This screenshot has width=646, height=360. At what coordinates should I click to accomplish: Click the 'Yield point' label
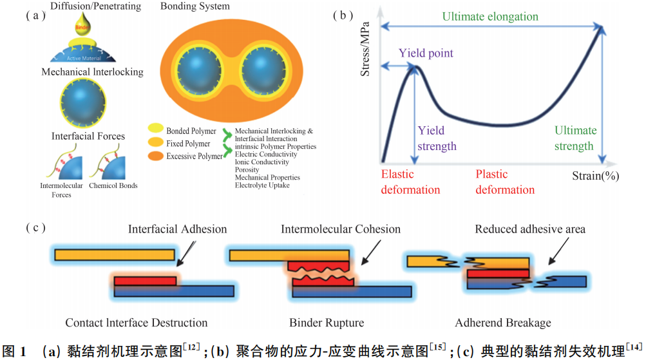coord(426,53)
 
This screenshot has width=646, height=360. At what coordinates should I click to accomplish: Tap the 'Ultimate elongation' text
coord(490,16)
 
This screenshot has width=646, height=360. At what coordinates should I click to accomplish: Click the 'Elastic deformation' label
coord(410,182)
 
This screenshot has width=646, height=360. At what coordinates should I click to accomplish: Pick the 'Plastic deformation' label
coord(505,182)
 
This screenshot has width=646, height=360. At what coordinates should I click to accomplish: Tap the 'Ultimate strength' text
coord(575,138)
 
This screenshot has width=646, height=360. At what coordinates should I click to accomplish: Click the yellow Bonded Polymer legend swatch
coord(155,131)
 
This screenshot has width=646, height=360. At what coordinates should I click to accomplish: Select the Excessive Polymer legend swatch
coord(155,156)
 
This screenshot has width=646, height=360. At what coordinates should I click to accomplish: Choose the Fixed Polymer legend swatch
coord(155,144)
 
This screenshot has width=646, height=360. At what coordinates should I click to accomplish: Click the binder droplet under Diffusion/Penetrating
coord(81,30)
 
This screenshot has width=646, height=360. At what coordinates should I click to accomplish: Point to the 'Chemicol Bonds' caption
coord(115,186)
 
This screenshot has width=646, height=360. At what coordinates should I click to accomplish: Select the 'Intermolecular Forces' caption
coord(62,190)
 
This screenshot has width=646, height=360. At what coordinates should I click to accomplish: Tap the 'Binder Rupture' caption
coord(327,323)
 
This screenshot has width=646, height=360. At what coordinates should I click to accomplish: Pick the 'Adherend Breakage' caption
coord(503,323)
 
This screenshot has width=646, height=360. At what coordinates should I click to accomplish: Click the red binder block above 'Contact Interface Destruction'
coord(144,281)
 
